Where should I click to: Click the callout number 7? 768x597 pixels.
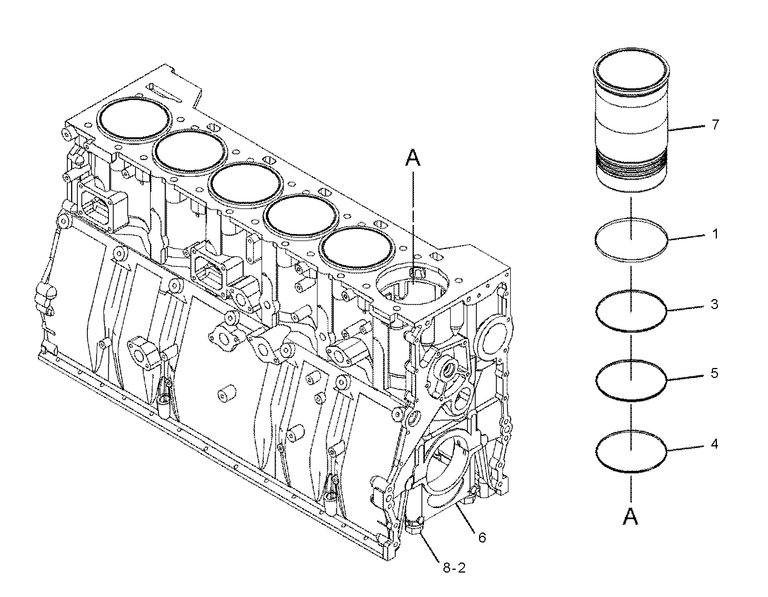coord(715,125)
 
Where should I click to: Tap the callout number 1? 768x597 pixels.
coord(715,234)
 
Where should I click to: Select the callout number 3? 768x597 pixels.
coord(715,305)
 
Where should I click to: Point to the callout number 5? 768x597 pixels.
coord(715,373)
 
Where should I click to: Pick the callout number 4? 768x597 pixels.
coord(715,444)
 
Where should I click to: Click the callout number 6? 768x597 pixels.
coord(482,537)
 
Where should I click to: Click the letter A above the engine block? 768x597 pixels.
coord(412,160)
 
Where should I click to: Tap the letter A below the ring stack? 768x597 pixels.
coord(630,518)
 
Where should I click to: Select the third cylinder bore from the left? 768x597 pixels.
coord(245,186)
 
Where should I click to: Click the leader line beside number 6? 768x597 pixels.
coord(466,518)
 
